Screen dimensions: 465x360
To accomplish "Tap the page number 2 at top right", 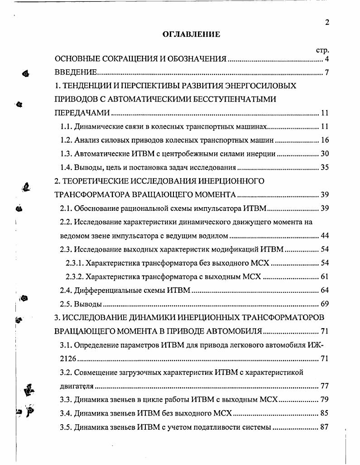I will coord(326,23).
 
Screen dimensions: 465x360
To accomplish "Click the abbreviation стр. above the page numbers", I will coord(322,50).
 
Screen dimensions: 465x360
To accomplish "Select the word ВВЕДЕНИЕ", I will coord(76,73).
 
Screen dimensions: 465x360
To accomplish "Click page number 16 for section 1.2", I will coord(324,140).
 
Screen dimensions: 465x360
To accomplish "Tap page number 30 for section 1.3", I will coord(324,154).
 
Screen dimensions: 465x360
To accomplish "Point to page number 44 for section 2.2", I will coord(324,235).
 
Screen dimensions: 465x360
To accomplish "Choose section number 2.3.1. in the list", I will coord(75,263).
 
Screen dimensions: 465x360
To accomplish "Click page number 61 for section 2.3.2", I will coord(324,276).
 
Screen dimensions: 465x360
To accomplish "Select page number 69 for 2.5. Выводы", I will coord(324,304).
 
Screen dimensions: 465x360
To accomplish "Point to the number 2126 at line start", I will coord(68,359).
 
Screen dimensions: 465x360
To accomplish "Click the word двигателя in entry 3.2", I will coord(77,387).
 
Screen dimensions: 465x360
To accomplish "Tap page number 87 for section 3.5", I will coord(324,427).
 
